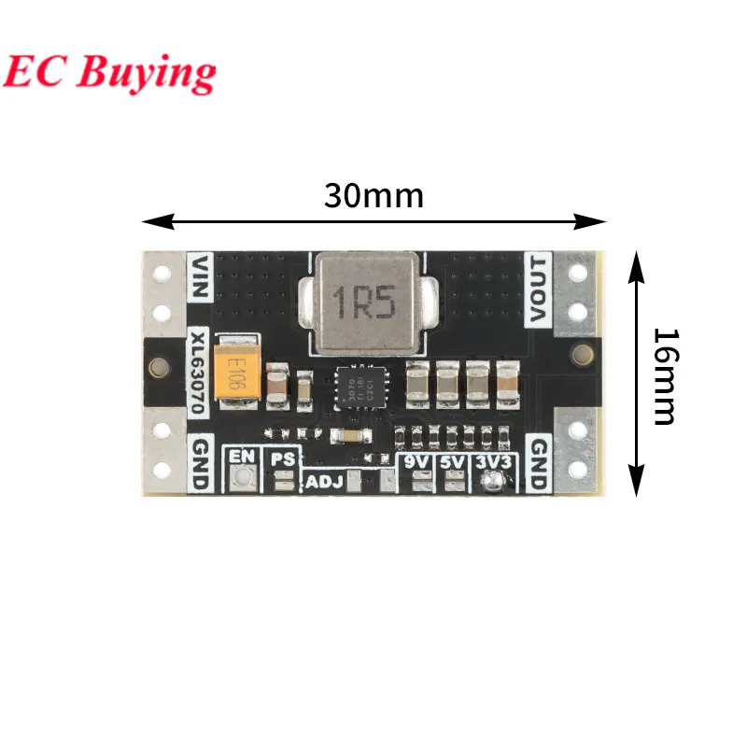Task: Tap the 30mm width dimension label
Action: click(373, 195)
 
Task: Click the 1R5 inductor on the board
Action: click(363, 303)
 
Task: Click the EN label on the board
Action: click(243, 457)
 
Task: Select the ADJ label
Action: click(324, 483)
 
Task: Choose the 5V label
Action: click(453, 460)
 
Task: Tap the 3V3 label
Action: click(491, 460)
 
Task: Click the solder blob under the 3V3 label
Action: click(491, 481)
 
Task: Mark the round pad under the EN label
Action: click(243, 478)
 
